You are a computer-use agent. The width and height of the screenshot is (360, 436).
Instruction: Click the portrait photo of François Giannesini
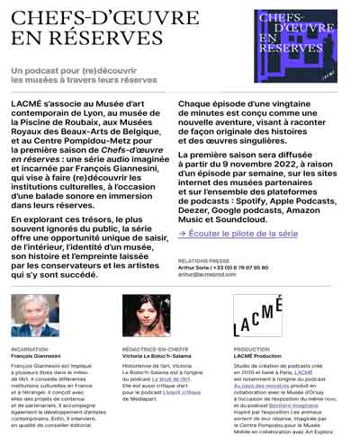point(35,315)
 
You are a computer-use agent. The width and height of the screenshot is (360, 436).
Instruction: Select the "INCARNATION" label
point(29,350)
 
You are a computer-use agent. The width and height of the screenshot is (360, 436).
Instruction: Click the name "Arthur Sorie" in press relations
point(194,267)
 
